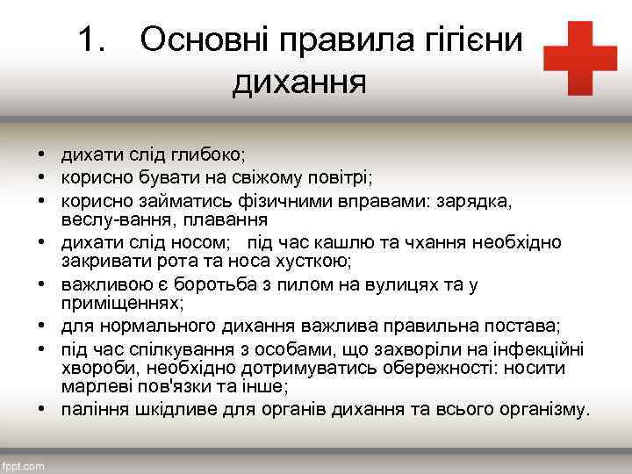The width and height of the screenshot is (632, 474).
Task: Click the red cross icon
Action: (579, 58)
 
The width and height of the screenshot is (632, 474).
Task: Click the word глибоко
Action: (209, 154)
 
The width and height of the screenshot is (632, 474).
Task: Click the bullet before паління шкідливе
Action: (41, 409)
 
